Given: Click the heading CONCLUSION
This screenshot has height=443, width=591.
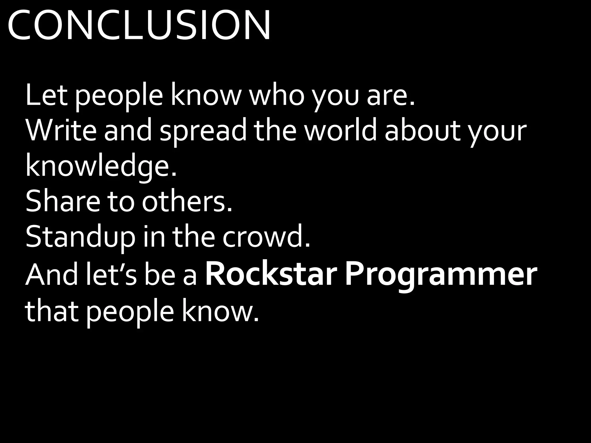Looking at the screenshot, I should (x=139, y=25).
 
